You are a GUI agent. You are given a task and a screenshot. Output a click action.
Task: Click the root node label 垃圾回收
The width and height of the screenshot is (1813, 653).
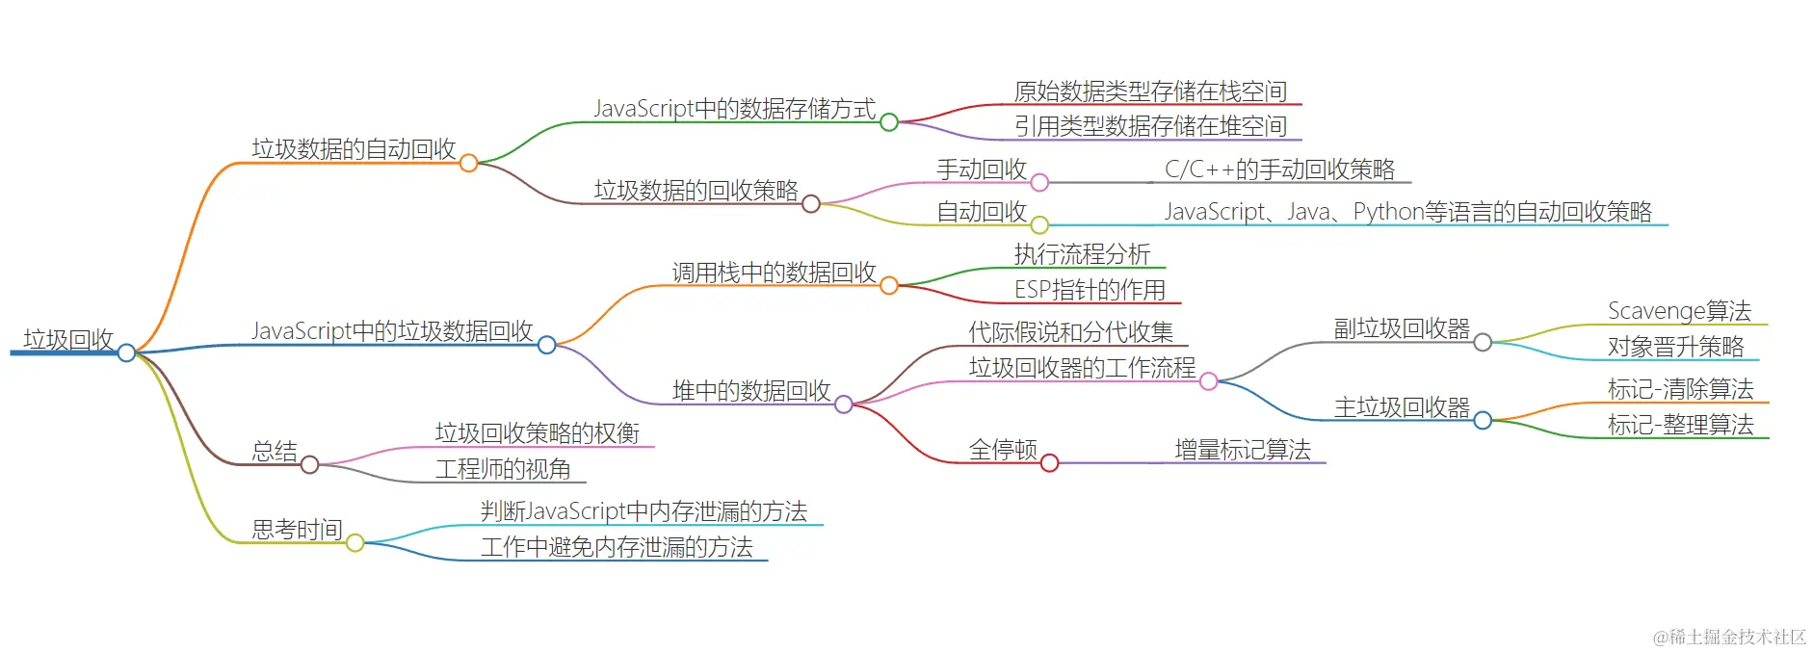tap(68, 340)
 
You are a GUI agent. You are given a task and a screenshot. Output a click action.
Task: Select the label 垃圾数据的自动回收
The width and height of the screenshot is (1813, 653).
tap(354, 149)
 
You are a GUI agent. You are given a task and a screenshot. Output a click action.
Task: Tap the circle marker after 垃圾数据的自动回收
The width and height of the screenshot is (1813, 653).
tap(468, 163)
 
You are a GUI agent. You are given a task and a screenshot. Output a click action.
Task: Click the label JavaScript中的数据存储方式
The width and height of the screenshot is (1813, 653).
tap(734, 109)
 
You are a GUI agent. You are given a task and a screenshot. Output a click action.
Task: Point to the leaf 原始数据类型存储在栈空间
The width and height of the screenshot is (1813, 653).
tap(1150, 91)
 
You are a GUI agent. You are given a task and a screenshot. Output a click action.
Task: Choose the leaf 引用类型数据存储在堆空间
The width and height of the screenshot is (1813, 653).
tap(1150, 126)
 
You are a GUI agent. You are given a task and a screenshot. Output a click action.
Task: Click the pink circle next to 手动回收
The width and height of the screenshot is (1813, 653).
tap(1039, 182)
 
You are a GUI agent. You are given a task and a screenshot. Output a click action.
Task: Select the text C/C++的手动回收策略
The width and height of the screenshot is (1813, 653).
tap(1279, 170)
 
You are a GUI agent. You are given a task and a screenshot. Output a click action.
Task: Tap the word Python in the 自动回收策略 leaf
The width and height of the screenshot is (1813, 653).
tap(1388, 212)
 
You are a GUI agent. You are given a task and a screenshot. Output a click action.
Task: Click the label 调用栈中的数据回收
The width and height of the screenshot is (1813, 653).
tap(774, 273)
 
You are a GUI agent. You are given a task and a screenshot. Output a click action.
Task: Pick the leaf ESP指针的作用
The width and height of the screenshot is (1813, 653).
tap(1090, 290)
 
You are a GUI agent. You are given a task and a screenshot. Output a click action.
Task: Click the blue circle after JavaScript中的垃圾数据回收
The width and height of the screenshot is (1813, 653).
tap(546, 345)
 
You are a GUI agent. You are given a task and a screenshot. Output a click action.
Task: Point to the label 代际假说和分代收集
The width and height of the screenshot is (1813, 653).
tap(1070, 332)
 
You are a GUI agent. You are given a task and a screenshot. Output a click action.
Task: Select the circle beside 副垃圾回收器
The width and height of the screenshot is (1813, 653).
tap(1483, 342)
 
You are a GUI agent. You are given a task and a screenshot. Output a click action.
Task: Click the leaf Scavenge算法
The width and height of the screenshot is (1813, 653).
tap(1679, 311)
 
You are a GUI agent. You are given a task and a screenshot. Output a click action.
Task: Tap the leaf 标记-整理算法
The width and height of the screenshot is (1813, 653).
tap(1680, 425)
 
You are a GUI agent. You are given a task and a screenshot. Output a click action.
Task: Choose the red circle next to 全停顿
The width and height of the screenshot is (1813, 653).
tap(1050, 463)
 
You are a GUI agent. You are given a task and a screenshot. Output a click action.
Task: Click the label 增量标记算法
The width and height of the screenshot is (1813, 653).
tap(1243, 450)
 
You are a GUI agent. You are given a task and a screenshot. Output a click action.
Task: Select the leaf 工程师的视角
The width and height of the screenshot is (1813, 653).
tap(503, 469)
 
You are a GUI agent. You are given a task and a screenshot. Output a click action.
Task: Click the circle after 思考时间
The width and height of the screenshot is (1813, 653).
tap(355, 543)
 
